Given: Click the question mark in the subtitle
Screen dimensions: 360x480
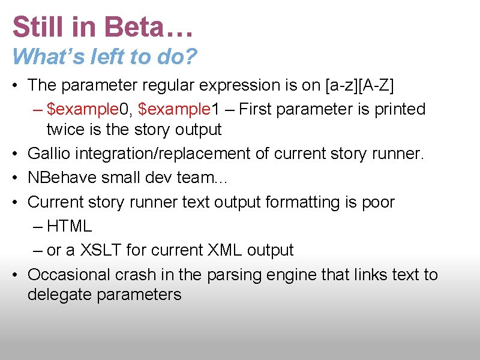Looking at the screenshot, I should pos(191,56).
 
